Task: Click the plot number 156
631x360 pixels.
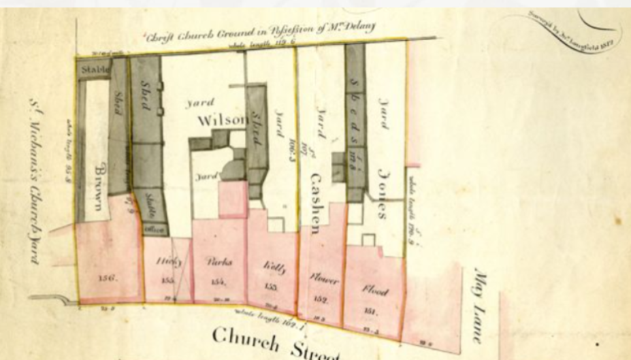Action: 107,278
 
